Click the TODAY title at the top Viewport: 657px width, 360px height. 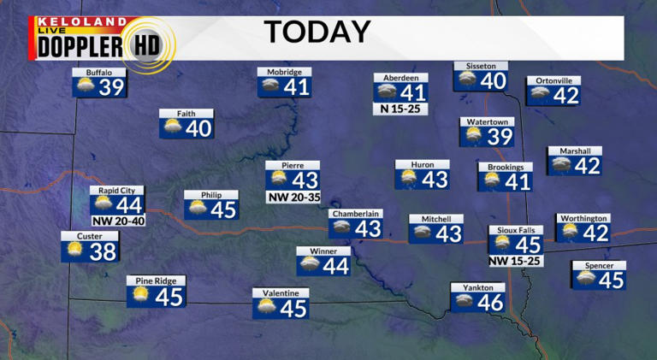pos(317,32)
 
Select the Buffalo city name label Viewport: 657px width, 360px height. pos(98,73)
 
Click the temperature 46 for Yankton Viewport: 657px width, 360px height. pos(490,302)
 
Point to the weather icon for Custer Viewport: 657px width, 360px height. pos(75,251)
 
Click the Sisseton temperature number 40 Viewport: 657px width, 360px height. pos(493,81)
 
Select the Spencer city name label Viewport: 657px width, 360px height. pos(599,266)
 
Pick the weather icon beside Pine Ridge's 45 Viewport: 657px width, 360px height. pos(140,296)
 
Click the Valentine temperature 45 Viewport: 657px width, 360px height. pos(293,309)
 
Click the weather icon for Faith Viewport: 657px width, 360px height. pos(172,128)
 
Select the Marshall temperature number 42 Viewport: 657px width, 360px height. pos(587,166)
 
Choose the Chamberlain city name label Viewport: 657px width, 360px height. pos(355,214)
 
